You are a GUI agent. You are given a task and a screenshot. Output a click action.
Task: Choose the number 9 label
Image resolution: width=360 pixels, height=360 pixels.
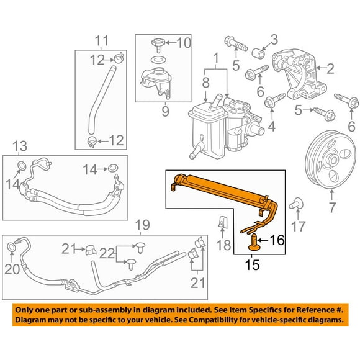click(164, 112)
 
